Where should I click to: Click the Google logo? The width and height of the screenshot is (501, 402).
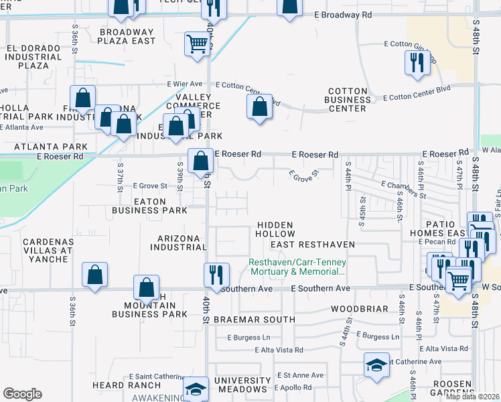22,394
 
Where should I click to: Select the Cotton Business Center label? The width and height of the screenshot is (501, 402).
348,100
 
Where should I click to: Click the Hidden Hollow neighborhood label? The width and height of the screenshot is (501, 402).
275,229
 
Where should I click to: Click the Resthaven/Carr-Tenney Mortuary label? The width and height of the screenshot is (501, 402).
297,267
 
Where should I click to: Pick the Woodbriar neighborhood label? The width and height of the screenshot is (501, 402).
360,309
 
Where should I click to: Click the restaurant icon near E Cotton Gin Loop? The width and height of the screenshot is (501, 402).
417,63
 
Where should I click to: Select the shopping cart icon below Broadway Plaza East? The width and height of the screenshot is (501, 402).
197,44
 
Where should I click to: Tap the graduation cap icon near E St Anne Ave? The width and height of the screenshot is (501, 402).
376,365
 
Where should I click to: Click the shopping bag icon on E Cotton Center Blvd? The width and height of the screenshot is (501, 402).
259,107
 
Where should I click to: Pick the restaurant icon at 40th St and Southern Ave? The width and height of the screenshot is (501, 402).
216,274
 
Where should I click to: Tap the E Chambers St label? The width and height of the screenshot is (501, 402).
403,190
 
